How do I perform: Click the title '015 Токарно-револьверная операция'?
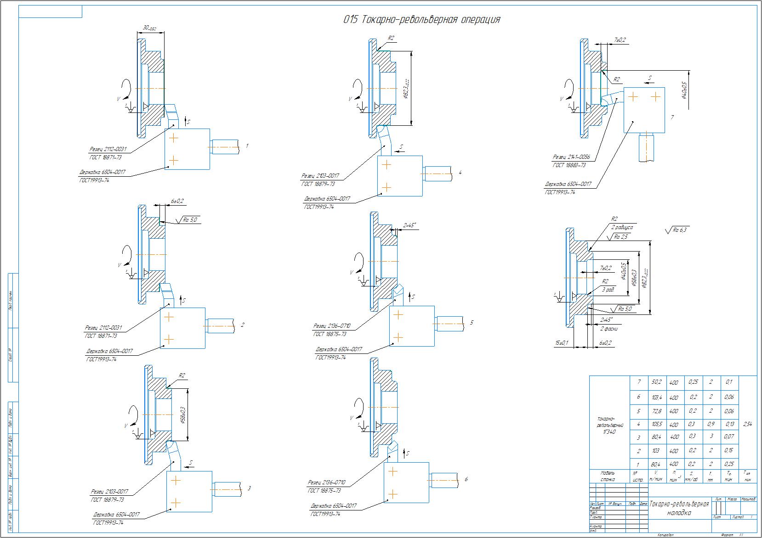(x=421, y=20)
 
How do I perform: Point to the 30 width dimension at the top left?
(x=149, y=28)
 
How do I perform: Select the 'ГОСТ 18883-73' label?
(x=569, y=165)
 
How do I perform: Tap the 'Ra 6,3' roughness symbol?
(x=677, y=230)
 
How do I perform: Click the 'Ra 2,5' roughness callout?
(x=620, y=237)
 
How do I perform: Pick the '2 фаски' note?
(x=609, y=329)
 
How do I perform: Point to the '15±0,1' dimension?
(x=562, y=343)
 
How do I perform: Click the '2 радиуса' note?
(x=621, y=227)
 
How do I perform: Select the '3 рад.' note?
(x=608, y=290)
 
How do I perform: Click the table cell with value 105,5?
(x=656, y=425)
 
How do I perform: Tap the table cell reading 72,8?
(x=656, y=411)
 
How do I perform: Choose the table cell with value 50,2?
(x=656, y=382)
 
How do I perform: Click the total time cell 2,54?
(x=747, y=425)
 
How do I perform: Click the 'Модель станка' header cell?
(x=608, y=476)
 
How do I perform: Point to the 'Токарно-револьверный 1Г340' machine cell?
(x=607, y=426)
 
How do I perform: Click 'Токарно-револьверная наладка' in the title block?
(x=679, y=508)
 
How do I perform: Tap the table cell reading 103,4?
(x=656, y=397)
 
